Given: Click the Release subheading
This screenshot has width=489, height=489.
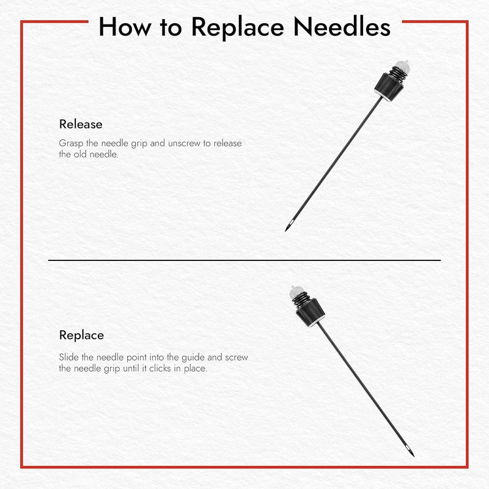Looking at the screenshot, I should tap(81, 124).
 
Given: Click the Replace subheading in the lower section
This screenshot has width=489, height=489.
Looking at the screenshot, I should tap(81, 335).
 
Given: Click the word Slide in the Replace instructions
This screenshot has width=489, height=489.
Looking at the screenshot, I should tap(69, 357).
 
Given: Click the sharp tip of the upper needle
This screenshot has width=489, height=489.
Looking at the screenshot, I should tap(286, 230).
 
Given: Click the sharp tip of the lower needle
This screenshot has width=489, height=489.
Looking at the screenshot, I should tap(413, 455).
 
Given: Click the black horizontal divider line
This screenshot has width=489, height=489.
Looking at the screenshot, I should tap(244, 260).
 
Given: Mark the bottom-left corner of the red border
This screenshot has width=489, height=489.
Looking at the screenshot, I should tap(22, 467).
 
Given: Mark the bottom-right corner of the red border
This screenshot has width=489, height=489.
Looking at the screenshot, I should tap(467, 467).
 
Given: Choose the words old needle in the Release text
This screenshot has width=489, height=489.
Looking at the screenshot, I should tap(100, 155).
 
